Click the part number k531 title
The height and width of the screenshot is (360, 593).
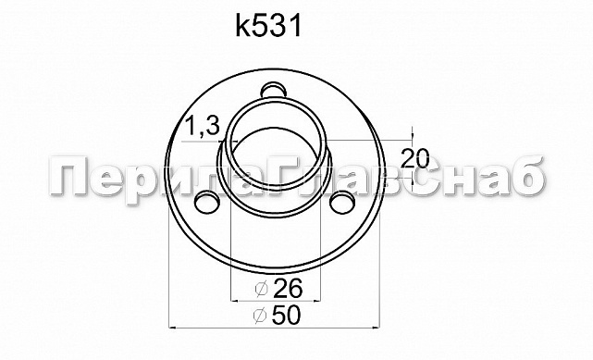pos(269,27)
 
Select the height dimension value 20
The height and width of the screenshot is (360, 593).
pos(416,155)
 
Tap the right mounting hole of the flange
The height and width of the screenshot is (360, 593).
pos(343,201)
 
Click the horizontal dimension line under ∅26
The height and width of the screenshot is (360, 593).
pos(274,301)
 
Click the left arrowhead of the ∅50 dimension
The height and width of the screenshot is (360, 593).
pos(173,328)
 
